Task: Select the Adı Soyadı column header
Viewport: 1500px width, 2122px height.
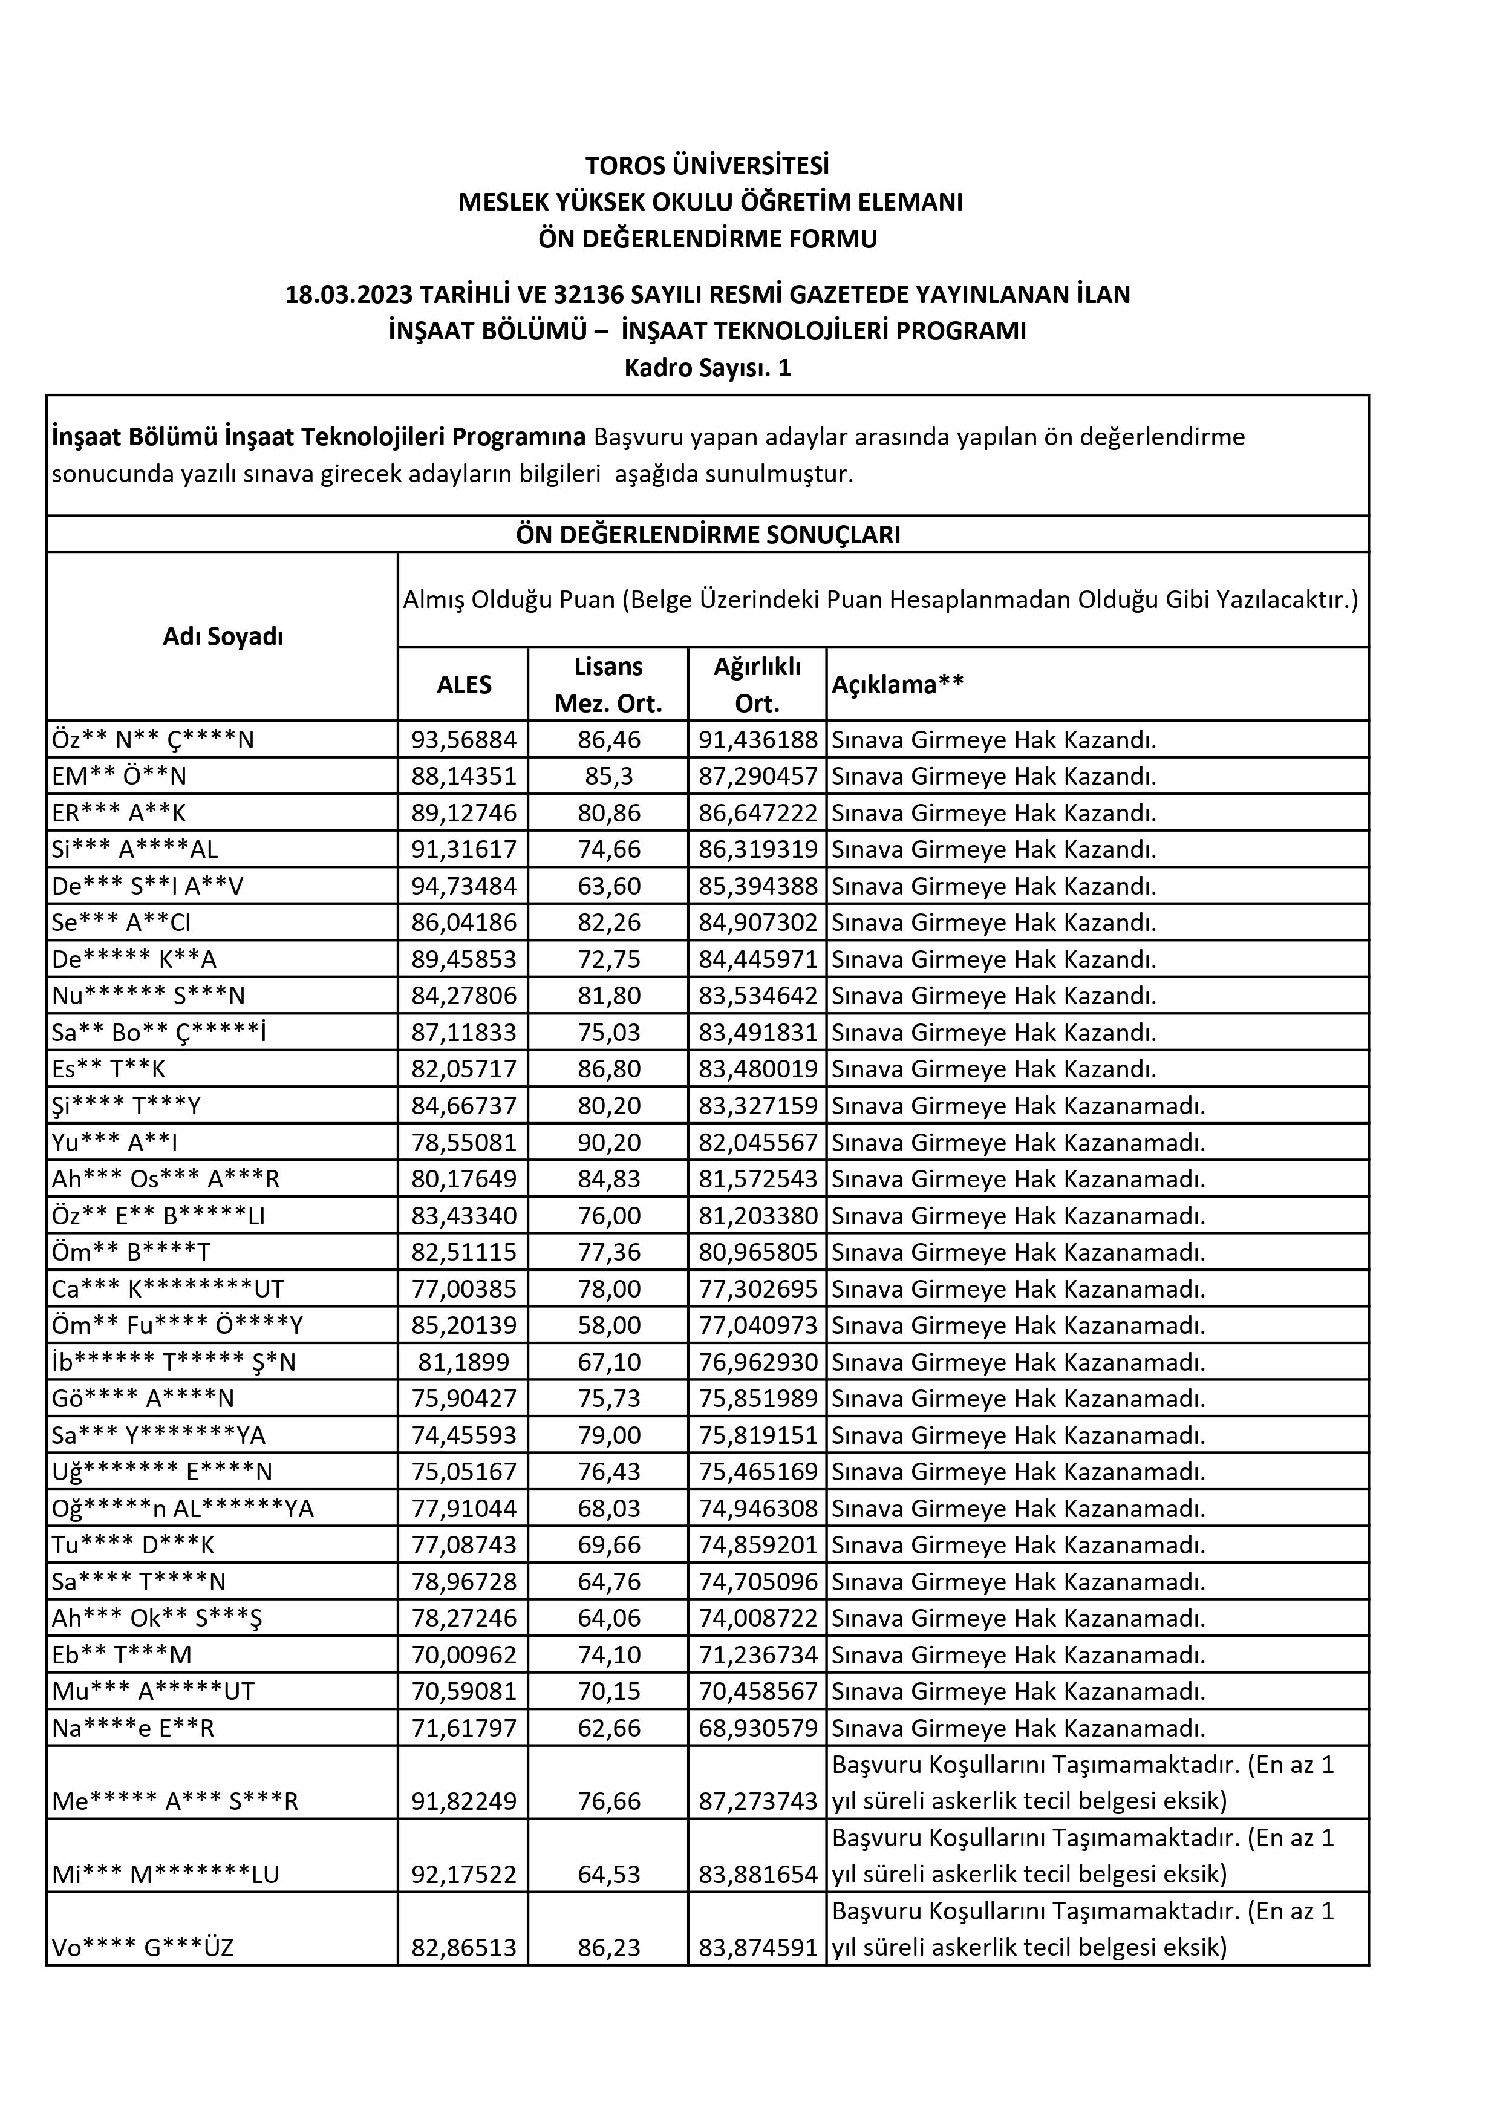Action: click(x=223, y=637)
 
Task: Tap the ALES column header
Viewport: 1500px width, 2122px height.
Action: click(x=464, y=685)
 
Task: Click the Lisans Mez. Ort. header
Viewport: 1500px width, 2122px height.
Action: click(x=608, y=685)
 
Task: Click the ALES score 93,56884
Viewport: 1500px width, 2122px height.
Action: click(x=464, y=739)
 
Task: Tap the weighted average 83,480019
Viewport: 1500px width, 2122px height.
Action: click(x=758, y=1069)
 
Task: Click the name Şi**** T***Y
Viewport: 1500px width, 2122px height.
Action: click(x=126, y=1105)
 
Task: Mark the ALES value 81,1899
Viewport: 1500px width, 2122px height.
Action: click(x=464, y=1362)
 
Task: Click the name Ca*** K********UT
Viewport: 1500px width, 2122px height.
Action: click(x=168, y=1288)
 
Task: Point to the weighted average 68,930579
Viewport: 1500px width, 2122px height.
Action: click(x=758, y=1728)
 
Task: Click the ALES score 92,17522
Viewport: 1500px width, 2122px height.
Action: click(x=464, y=1875)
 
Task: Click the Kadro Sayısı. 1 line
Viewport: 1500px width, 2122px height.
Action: click(x=707, y=368)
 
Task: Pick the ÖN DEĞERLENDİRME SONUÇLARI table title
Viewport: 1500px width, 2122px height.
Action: click(x=708, y=535)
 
